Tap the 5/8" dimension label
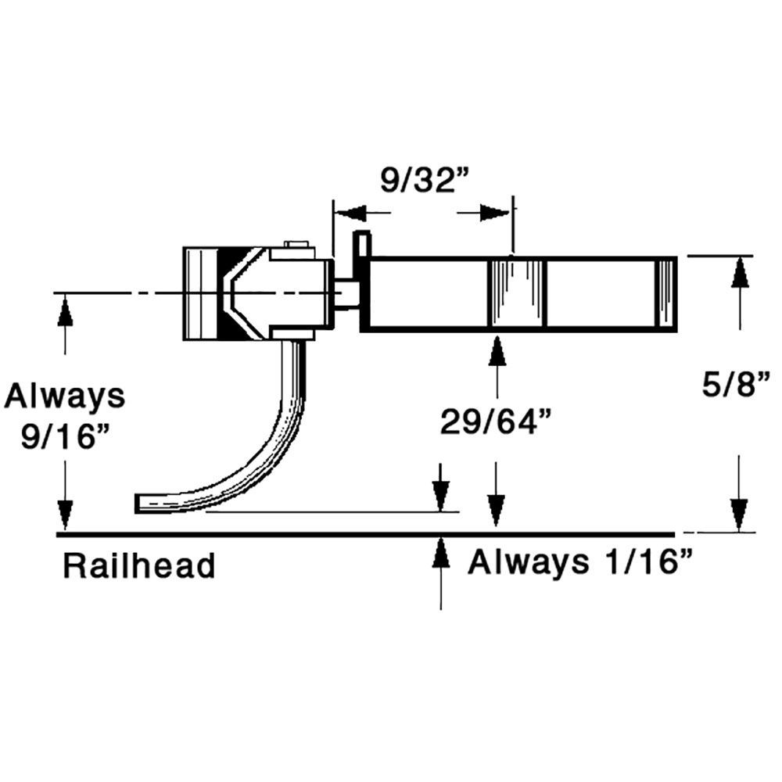(x=733, y=386)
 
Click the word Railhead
(x=138, y=565)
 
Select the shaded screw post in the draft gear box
(x=516, y=293)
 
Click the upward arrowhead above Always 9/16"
(x=65, y=311)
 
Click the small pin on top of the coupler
(x=295, y=244)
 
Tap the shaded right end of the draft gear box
(x=665, y=293)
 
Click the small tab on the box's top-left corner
(x=361, y=244)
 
